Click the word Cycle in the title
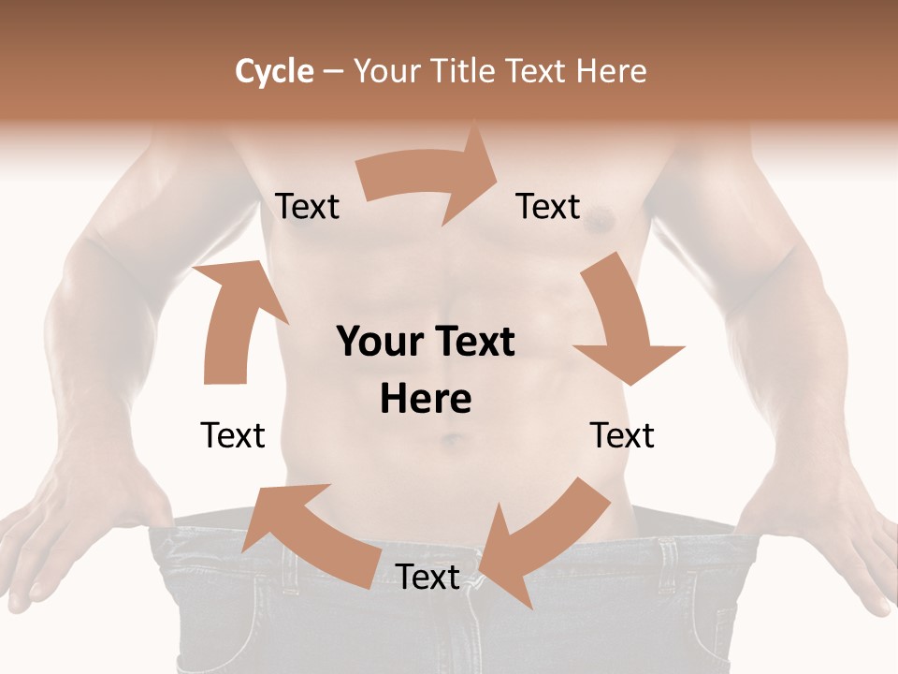tap(274, 71)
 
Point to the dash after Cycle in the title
tap(333, 72)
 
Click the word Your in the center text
tap(380, 342)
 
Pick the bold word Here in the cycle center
tap(426, 399)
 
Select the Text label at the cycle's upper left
tap(308, 206)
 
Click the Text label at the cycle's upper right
tap(548, 206)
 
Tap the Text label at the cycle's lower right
tap(622, 435)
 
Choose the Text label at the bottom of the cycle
tap(427, 577)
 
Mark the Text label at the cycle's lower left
tap(233, 435)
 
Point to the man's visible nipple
tap(600, 221)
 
